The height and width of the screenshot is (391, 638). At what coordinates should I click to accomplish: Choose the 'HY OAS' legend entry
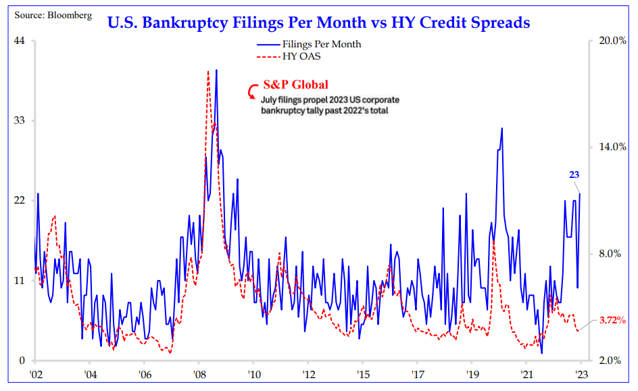coord(301,56)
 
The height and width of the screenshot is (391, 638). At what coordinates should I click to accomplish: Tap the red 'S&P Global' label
coord(295,85)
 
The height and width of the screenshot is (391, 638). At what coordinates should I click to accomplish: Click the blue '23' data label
coord(574,175)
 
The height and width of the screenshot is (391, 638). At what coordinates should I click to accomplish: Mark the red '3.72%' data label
coord(613,321)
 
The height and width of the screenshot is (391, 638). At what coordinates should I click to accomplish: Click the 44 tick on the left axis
coord(19,41)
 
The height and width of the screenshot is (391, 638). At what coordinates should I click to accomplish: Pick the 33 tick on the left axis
coord(19,120)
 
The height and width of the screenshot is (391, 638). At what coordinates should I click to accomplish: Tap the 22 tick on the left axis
coord(19,200)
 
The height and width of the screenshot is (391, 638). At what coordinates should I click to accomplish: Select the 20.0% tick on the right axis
coord(611,41)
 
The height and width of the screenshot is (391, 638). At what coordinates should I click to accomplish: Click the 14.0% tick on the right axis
coord(611,147)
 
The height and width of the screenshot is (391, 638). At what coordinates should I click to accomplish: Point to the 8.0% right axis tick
coord(613,254)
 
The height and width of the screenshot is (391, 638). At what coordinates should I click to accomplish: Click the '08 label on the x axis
coord(198,373)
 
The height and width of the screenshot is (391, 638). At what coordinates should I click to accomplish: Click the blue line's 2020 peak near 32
coord(501,128)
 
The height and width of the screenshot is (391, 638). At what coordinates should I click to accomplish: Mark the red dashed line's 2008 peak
coord(208,71)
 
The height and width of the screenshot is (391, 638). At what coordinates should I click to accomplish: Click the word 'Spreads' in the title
coord(497,22)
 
